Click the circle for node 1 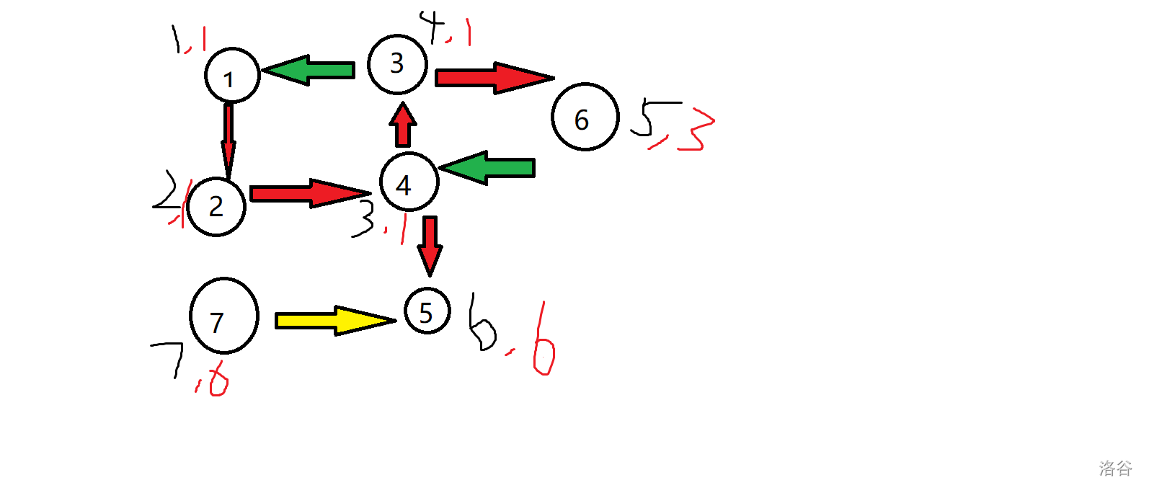pyautogui.click(x=232, y=76)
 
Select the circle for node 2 pyautogui.click(x=216, y=206)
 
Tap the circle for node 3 pyautogui.click(x=397, y=64)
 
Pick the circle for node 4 pyautogui.click(x=409, y=182)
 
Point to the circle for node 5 pyautogui.click(x=427, y=311)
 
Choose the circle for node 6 pyautogui.click(x=585, y=117)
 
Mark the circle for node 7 pyautogui.click(x=224, y=316)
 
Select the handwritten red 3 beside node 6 pyautogui.click(x=695, y=130)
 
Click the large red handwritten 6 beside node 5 pyautogui.click(x=544, y=345)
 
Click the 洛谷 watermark pyautogui.click(x=1115, y=468)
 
